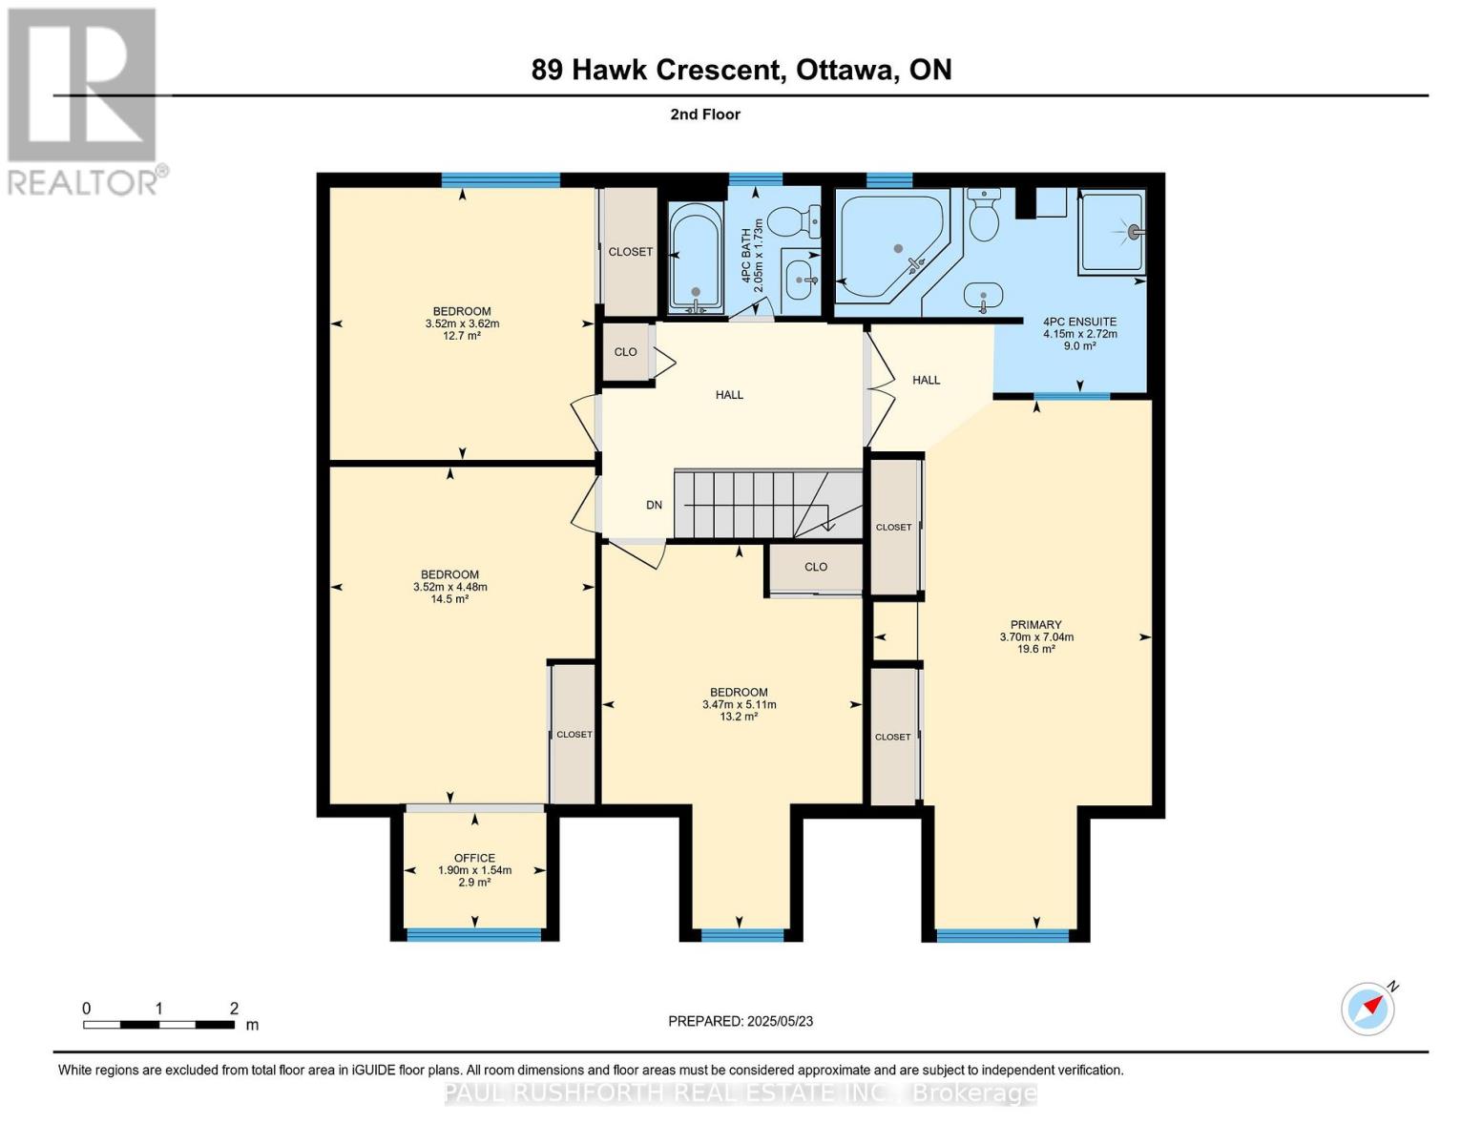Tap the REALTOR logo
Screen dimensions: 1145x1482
point(83,100)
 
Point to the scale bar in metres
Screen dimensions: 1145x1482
point(158,1024)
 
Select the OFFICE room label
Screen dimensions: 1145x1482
point(474,858)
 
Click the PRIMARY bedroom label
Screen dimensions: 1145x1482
point(1036,625)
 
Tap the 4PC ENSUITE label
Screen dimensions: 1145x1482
point(1079,322)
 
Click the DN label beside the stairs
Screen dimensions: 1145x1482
point(654,505)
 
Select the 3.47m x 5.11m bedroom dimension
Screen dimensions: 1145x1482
point(739,704)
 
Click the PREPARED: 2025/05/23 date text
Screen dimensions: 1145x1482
point(741,1021)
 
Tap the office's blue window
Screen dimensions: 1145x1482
point(474,935)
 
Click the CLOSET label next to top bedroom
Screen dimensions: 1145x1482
point(630,252)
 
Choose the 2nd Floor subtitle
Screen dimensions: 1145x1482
point(705,114)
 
